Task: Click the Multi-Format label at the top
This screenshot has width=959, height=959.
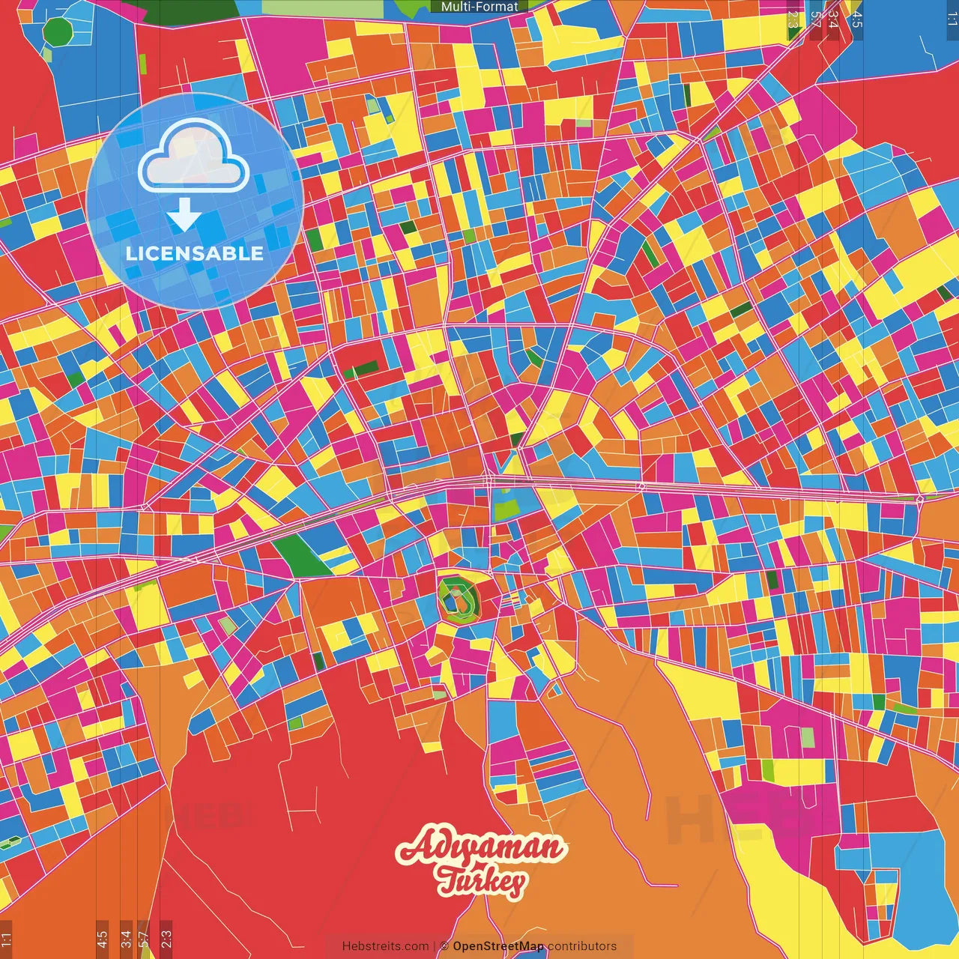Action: tap(479, 7)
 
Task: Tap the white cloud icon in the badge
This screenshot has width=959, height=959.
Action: tap(193, 156)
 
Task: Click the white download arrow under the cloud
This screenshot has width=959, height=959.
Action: tap(184, 215)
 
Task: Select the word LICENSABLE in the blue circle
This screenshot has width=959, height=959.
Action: tap(195, 253)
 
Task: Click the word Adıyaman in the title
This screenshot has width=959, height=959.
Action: tap(479, 847)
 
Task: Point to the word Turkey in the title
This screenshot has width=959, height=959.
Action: tap(482, 881)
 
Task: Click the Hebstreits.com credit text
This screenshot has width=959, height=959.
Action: tap(385, 946)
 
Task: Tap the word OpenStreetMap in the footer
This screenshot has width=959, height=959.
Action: tap(498, 946)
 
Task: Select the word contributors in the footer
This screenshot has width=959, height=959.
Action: tap(582, 946)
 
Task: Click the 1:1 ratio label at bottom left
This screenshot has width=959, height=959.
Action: tap(6, 940)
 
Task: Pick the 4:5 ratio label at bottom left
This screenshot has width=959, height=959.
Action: tap(102, 939)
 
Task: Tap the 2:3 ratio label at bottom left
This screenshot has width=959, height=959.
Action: tap(166, 939)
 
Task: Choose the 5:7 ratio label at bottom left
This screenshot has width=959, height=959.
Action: tap(144, 939)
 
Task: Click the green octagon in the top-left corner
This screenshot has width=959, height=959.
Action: tap(57, 32)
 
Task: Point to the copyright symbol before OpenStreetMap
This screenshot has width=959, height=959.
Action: tap(444, 946)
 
